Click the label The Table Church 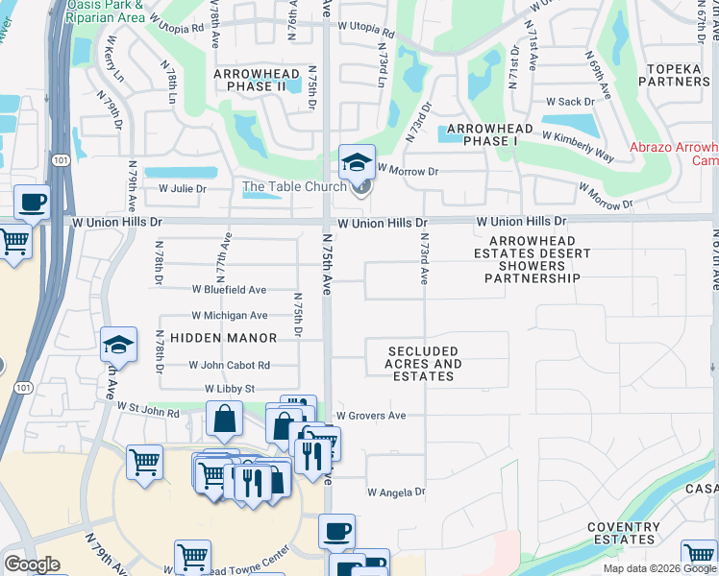tap(294, 186)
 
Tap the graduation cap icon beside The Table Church tap(358, 161)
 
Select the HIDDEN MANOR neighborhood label tap(223, 338)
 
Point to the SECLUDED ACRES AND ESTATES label tap(423, 364)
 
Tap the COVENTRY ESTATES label tap(623, 533)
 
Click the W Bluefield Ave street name tap(229, 289)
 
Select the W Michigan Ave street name tap(229, 315)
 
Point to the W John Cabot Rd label tap(229, 365)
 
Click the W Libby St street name tap(229, 389)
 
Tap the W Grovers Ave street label tap(370, 416)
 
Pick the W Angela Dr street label tap(395, 492)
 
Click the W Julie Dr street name tap(182, 189)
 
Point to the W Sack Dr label tap(571, 101)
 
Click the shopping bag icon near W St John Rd tap(224, 419)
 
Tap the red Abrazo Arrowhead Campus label tap(674, 154)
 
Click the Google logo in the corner tap(32, 564)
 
